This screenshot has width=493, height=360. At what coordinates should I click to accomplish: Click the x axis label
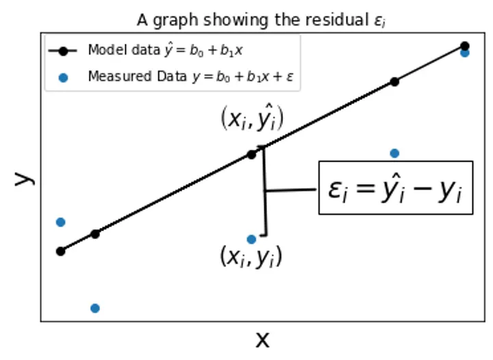[262, 339]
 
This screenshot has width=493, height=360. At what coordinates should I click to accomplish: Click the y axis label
[23, 178]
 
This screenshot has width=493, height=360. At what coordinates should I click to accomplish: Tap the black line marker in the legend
[64, 51]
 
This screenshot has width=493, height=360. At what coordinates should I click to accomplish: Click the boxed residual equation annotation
[395, 188]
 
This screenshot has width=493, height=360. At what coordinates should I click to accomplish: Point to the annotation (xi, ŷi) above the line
[251, 118]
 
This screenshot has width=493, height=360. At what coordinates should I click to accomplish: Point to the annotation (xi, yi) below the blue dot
[251, 257]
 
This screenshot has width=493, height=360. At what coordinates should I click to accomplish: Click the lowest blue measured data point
[95, 308]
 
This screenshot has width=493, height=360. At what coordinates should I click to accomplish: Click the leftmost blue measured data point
[60, 222]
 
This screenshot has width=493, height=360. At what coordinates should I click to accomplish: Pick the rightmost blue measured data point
[465, 53]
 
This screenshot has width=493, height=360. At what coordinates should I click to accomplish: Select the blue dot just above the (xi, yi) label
[251, 239]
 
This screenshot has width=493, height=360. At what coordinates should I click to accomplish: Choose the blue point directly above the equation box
[394, 153]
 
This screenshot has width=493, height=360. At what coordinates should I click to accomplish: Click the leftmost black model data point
[60, 251]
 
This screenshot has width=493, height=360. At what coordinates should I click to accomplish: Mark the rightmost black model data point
[465, 46]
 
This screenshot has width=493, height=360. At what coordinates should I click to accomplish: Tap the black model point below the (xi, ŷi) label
[251, 155]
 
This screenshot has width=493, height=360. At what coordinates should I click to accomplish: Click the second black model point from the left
[95, 234]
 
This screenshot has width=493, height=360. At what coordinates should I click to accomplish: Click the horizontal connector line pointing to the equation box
[291, 190]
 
